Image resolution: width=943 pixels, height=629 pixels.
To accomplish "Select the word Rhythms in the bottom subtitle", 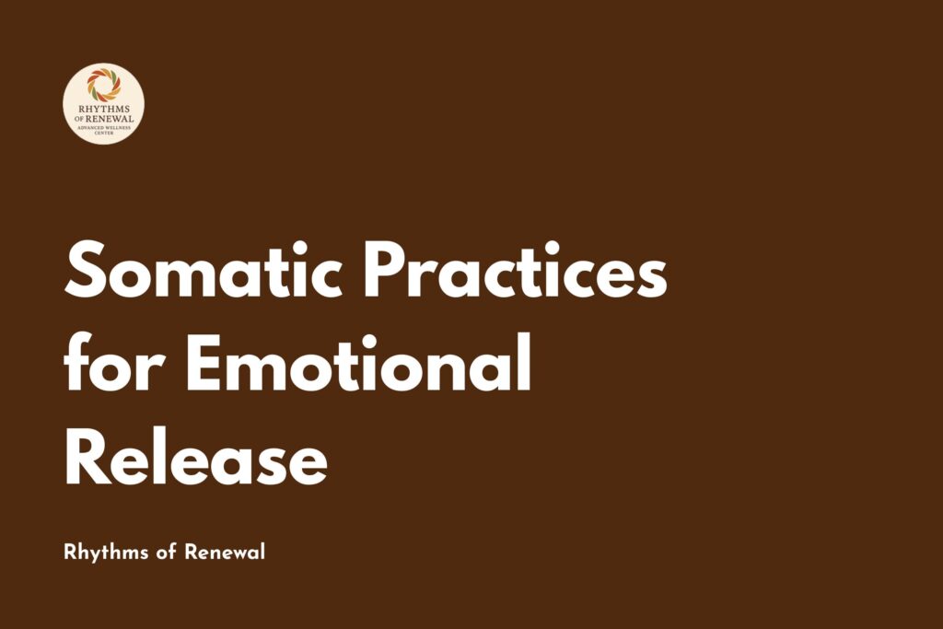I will (x=101, y=553).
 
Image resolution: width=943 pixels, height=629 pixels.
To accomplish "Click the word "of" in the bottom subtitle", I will (x=163, y=553).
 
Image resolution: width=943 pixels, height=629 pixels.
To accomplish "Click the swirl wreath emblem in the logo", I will (x=104, y=87).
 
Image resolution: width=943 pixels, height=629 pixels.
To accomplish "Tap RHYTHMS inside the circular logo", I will (x=104, y=110).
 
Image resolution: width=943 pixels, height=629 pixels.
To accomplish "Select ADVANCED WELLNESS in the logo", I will (x=104, y=126).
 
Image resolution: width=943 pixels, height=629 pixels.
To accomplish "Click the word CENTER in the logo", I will (x=104, y=132).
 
